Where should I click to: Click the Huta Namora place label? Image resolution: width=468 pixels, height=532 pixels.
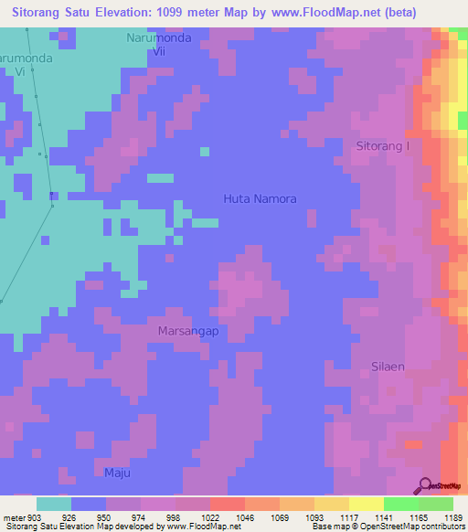coord(261,198)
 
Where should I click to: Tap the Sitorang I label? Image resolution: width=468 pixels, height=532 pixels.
coord(383,146)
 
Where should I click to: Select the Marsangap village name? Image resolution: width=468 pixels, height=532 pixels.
coord(188,331)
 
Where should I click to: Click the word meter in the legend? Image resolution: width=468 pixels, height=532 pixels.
coord(14,517)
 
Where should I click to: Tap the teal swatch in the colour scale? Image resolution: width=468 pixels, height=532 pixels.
coord(54,504)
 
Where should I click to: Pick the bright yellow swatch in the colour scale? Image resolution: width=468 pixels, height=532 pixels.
coord(366,504)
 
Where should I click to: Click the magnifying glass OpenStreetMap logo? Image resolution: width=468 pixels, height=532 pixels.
coord(425,484)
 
